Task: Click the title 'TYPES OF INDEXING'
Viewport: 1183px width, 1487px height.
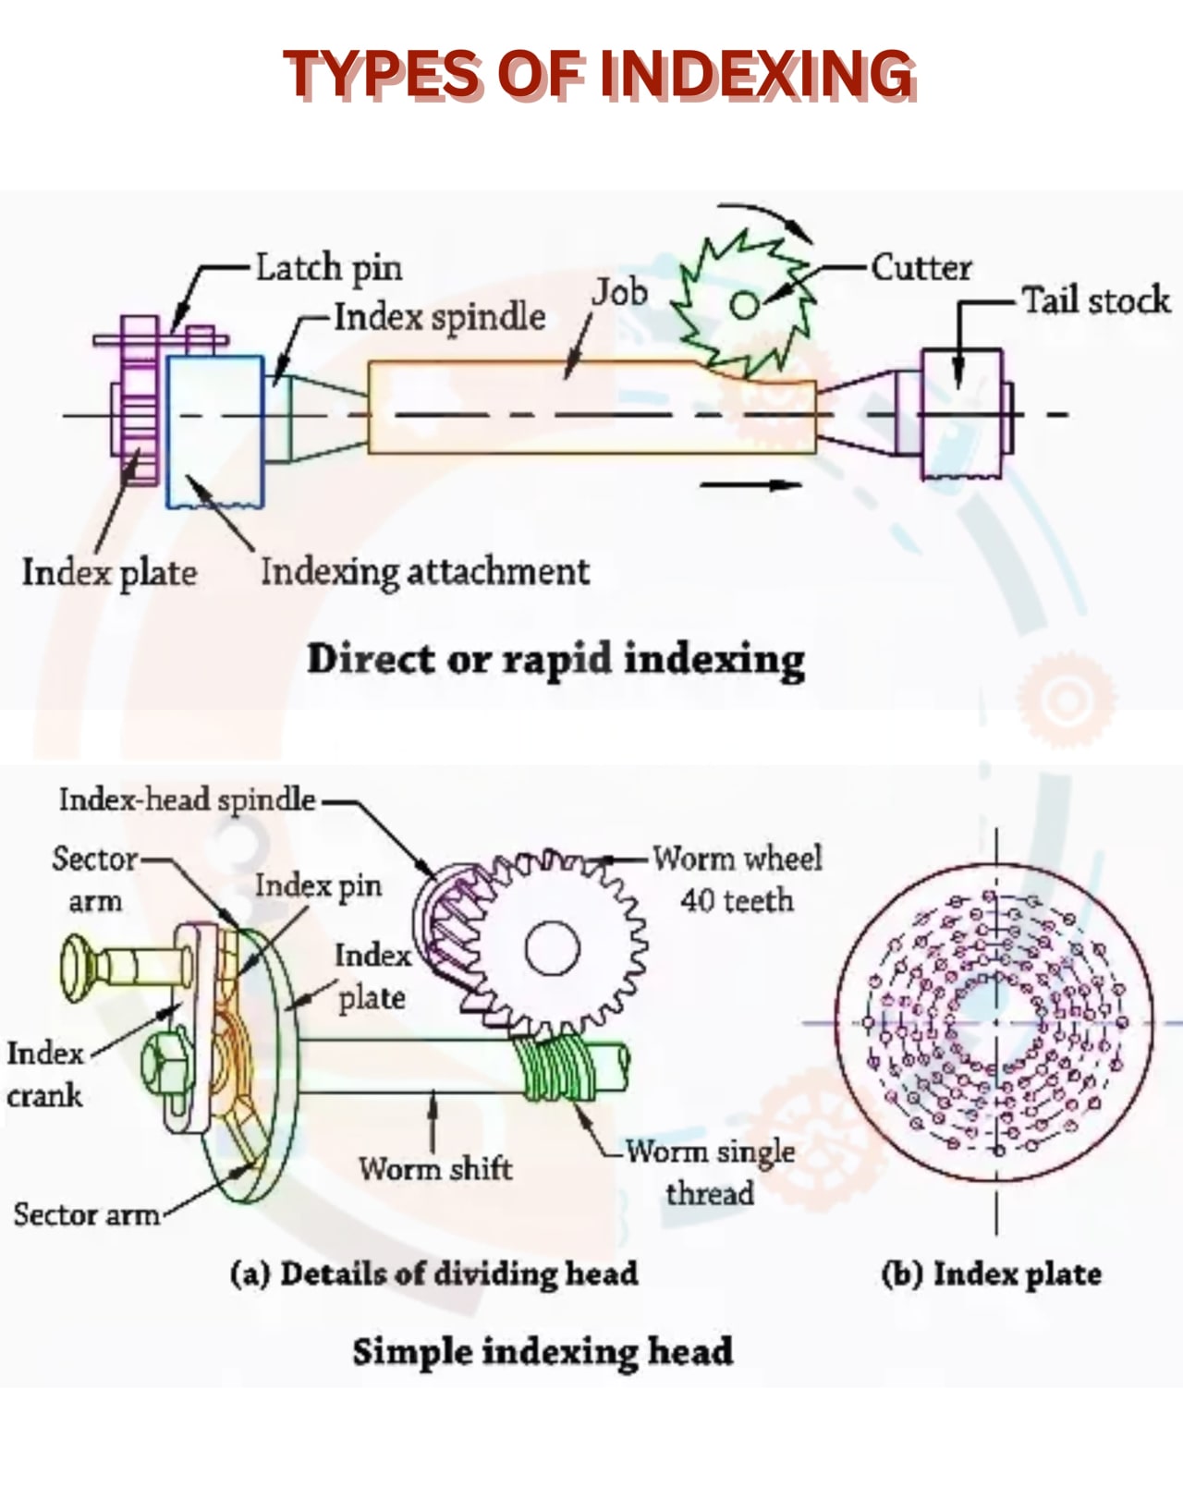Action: [x=600, y=75]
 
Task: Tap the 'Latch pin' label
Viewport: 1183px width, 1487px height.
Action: [x=329, y=268]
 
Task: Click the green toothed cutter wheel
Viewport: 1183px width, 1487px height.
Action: [x=743, y=304]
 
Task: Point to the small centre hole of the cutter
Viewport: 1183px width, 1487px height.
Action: [x=745, y=304]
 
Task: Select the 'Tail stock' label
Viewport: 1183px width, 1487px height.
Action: [x=1097, y=300]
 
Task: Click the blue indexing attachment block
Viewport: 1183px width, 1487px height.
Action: [x=215, y=432]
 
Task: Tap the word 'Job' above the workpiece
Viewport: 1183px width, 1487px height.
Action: [x=620, y=292]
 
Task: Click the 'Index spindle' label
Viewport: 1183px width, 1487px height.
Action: [x=440, y=318]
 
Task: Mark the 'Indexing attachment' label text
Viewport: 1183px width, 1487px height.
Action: [x=425, y=572]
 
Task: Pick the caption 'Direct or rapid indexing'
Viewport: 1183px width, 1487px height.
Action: [x=556, y=659]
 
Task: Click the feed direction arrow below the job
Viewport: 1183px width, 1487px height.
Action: [x=751, y=484]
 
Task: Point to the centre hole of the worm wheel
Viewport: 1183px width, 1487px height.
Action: [x=552, y=949]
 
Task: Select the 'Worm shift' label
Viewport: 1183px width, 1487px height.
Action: [x=435, y=1169]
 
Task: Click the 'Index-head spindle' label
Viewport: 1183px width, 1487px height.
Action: [x=188, y=800]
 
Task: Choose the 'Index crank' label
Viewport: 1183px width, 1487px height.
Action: [x=45, y=1075]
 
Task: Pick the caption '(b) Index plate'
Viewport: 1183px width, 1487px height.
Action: [x=992, y=1274]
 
